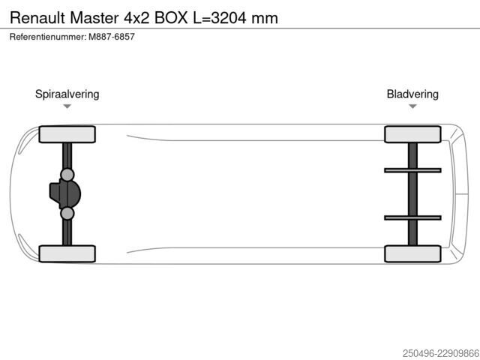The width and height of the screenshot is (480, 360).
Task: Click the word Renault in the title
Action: (37, 18)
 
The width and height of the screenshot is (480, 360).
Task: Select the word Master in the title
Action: (94, 18)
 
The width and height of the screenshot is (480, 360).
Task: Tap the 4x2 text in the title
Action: (136, 18)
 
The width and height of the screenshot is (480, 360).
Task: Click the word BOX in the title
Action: (171, 18)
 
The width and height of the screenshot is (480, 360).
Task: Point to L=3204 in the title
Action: (220, 18)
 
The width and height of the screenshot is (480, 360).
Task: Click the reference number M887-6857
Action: (112, 37)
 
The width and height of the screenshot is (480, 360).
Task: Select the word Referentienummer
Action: (48, 37)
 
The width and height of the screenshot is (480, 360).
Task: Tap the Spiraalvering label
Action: (67, 94)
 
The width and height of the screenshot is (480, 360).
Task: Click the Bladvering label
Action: (412, 94)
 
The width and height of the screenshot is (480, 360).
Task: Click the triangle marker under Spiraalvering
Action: (67, 106)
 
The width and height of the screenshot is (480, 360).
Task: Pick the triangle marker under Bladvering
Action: (412, 106)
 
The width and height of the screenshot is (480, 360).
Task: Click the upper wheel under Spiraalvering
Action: (67, 134)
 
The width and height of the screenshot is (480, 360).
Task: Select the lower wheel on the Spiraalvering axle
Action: (67, 253)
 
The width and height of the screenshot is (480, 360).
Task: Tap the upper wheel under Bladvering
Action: (412, 134)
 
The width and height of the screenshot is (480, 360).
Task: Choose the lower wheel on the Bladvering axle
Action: (412, 253)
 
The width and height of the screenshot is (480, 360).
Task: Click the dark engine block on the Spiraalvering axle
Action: (65, 194)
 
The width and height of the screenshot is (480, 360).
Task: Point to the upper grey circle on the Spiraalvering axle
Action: (67, 175)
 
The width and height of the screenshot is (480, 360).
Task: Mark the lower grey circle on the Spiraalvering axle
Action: (67, 213)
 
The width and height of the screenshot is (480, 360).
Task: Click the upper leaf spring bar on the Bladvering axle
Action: (412, 170)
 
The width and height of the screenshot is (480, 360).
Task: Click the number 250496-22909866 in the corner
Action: (441, 353)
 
